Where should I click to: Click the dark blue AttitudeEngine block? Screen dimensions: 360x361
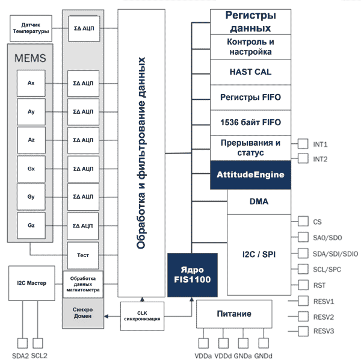click(250, 175)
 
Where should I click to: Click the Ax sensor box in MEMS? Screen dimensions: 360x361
click(31, 84)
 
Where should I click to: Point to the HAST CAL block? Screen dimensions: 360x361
click(250, 72)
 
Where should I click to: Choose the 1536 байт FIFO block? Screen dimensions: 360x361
click(250, 122)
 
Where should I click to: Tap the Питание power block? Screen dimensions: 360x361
click(233, 314)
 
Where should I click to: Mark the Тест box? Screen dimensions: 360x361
click(82, 255)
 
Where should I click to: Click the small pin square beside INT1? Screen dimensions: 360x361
click(302, 144)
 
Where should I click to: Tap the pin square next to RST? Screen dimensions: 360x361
click(302, 285)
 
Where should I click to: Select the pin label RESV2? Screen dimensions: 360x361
click(324, 317)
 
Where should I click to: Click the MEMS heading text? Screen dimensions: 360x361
click(30, 58)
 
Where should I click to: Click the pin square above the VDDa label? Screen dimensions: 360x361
click(204, 343)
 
